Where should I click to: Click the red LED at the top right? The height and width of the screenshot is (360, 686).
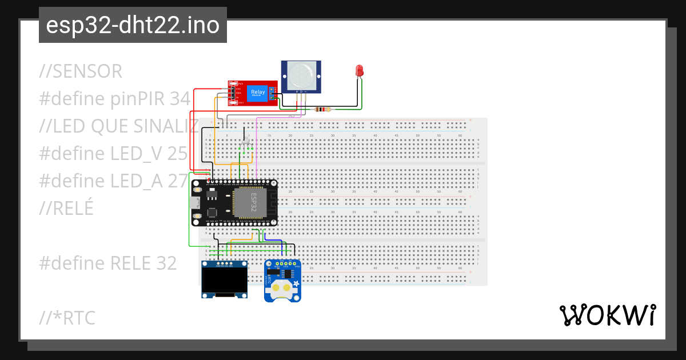360,71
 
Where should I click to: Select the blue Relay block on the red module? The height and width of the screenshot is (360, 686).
257,93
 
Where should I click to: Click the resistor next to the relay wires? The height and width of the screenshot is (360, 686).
324,109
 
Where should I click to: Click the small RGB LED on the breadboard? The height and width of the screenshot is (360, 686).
246,141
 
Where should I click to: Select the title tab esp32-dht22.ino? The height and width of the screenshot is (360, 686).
133,25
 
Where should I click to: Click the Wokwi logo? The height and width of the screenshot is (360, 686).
608,315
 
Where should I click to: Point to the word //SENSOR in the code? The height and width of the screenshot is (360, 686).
81,71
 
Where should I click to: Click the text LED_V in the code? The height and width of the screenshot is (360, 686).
134,154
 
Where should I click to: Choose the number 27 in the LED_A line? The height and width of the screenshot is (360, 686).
177,181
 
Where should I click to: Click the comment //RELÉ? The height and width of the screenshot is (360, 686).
66,209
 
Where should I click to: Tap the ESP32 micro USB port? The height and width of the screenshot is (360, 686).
194,203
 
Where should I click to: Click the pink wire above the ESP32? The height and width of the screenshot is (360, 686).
256,149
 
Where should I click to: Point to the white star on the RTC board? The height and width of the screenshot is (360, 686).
296,283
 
